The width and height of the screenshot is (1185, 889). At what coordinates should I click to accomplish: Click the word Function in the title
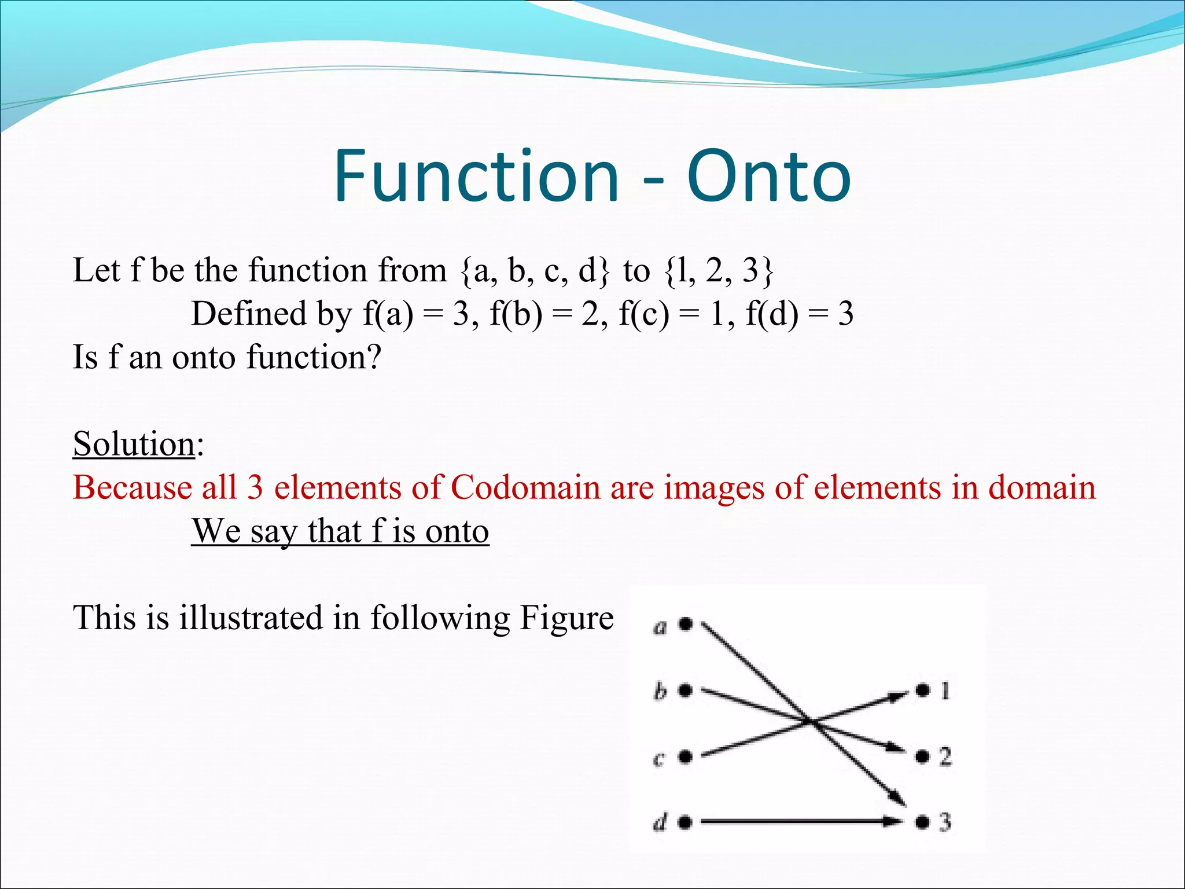[477, 176]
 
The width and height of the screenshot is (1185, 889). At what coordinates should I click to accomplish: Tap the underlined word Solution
[134, 444]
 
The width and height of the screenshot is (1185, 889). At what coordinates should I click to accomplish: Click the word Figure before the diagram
[566, 618]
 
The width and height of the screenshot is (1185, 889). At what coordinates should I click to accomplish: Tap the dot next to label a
[686, 624]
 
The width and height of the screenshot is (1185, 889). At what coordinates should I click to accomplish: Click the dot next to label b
[686, 690]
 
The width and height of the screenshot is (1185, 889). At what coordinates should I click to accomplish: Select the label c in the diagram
[658, 758]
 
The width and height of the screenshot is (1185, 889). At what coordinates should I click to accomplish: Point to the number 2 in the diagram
[945, 756]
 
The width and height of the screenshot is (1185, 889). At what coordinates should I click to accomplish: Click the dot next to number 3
[922, 822]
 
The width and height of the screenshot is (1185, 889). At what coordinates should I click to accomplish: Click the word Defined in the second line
[249, 314]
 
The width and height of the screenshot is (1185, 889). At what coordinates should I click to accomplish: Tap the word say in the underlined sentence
[273, 531]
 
